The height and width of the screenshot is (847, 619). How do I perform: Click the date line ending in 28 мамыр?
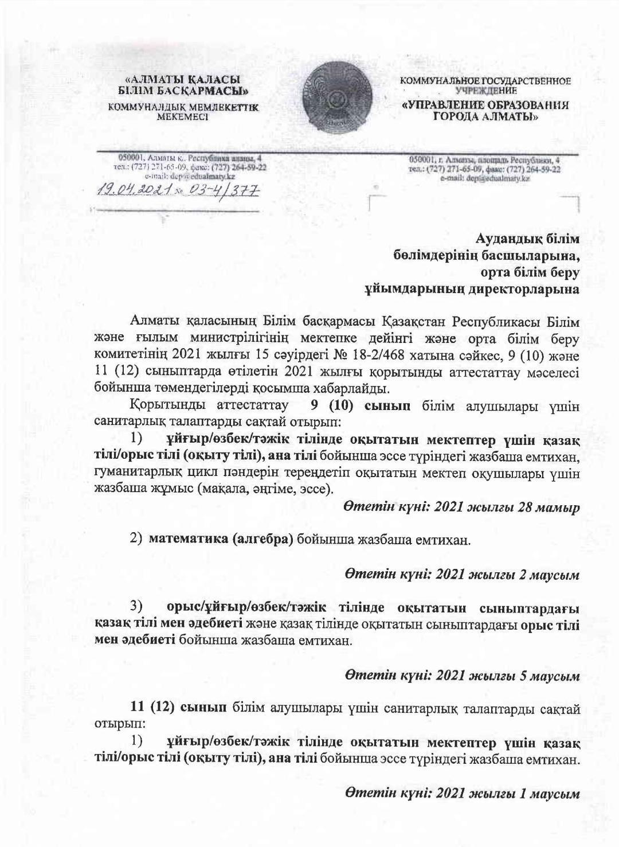click(x=461, y=507)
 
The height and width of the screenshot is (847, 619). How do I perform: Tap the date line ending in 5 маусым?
click(x=461, y=676)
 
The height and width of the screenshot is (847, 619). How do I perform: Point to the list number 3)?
click(x=136, y=606)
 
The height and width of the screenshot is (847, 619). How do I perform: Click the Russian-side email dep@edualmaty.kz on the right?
click(x=485, y=179)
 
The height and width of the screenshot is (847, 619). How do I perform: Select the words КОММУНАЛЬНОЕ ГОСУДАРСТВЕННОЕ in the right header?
click(x=485, y=81)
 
